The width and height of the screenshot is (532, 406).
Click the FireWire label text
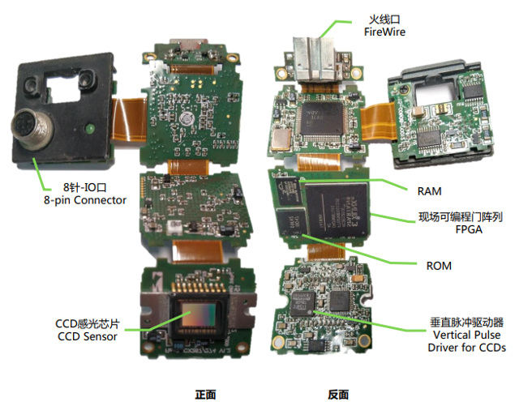384,32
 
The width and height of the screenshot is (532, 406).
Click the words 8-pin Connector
84,199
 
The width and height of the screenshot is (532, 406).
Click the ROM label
440,265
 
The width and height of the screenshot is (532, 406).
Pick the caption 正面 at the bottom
205,395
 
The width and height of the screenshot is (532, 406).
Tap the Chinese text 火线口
384,18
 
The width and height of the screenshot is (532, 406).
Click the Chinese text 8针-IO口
84,186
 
